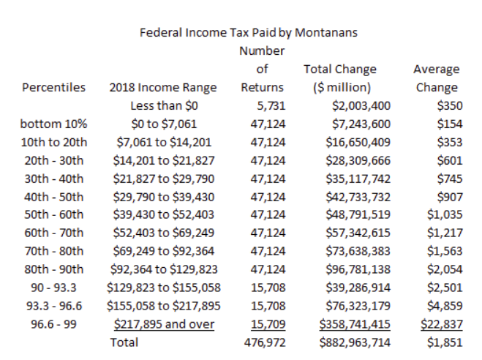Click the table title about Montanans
tap(249, 33)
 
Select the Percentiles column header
tap(53, 87)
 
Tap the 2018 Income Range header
tap(163, 88)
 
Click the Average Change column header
tap(437, 78)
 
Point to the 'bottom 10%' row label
tap(53, 124)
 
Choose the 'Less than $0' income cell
tap(164, 106)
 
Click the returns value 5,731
tap(271, 106)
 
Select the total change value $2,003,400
tap(361, 106)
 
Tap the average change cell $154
tap(450, 124)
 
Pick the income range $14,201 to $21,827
tap(164, 160)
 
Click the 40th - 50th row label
tap(54, 197)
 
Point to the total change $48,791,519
tap(358, 214)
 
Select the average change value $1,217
tap(445, 233)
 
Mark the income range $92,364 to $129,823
tap(164, 269)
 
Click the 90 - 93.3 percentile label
tap(53, 288)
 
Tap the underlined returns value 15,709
tap(268, 324)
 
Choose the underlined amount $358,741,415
tap(355, 324)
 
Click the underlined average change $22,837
tap(442, 324)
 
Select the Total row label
tap(124, 342)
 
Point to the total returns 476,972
tap(265, 342)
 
